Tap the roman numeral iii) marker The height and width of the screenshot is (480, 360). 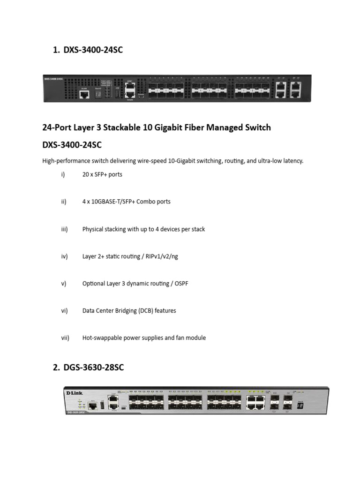[64, 229]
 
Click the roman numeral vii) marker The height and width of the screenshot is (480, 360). [65, 337]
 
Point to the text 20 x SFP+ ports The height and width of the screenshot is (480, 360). [102, 174]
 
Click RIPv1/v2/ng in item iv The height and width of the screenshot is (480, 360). [158, 256]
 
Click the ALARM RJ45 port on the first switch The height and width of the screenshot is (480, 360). [85, 94]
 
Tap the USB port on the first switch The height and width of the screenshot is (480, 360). [117, 94]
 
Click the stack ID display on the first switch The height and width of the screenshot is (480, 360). [98, 94]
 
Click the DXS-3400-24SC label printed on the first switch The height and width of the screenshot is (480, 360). [53, 79]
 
